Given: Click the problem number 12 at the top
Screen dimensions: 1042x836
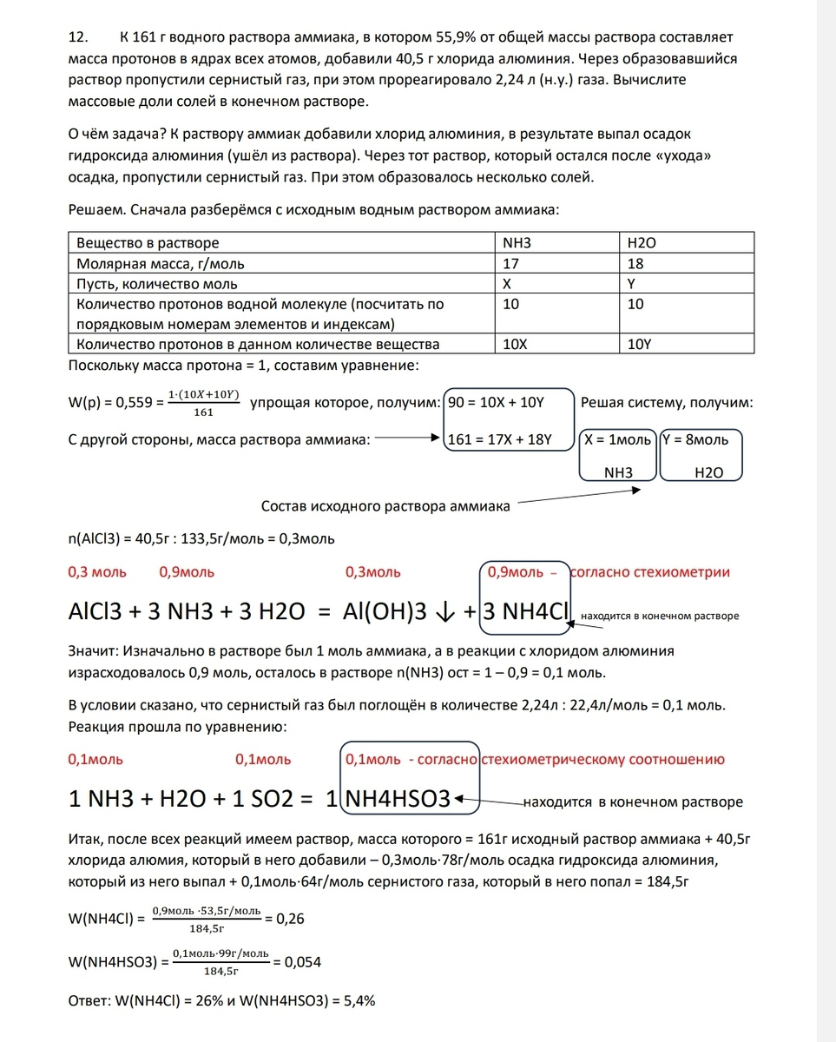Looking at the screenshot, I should tap(77, 37).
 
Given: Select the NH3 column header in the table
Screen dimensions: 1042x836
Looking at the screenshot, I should tap(517, 243).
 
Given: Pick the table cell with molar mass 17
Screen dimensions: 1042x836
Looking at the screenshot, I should tap(511, 263).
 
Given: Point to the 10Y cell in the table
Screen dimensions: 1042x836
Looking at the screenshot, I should tap(641, 344).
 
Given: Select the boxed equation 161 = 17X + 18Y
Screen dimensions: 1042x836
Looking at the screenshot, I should tap(499, 439).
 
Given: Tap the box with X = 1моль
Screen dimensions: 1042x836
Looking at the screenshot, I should tap(619, 439).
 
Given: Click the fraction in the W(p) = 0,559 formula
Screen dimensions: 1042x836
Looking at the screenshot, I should tap(204, 405).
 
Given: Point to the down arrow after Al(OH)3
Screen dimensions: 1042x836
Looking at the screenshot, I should tap(444, 611).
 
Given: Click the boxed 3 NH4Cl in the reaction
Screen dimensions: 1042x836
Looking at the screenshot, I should tap(525, 611).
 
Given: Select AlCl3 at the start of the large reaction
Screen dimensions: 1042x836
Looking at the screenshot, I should tap(98, 611).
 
